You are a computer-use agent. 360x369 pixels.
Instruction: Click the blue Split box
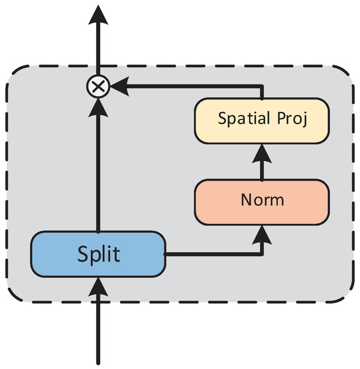(x=98, y=254)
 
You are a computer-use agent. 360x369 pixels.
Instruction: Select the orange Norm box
(x=261, y=199)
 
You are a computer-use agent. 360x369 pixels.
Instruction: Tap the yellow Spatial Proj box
(x=261, y=120)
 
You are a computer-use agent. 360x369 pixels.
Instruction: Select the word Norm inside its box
(x=261, y=199)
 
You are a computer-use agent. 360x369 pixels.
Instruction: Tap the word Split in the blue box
(x=98, y=254)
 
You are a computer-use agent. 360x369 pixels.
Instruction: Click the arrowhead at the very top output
(x=98, y=14)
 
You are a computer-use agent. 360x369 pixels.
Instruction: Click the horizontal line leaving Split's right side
(x=209, y=254)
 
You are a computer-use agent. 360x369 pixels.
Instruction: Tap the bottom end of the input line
(x=98, y=361)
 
